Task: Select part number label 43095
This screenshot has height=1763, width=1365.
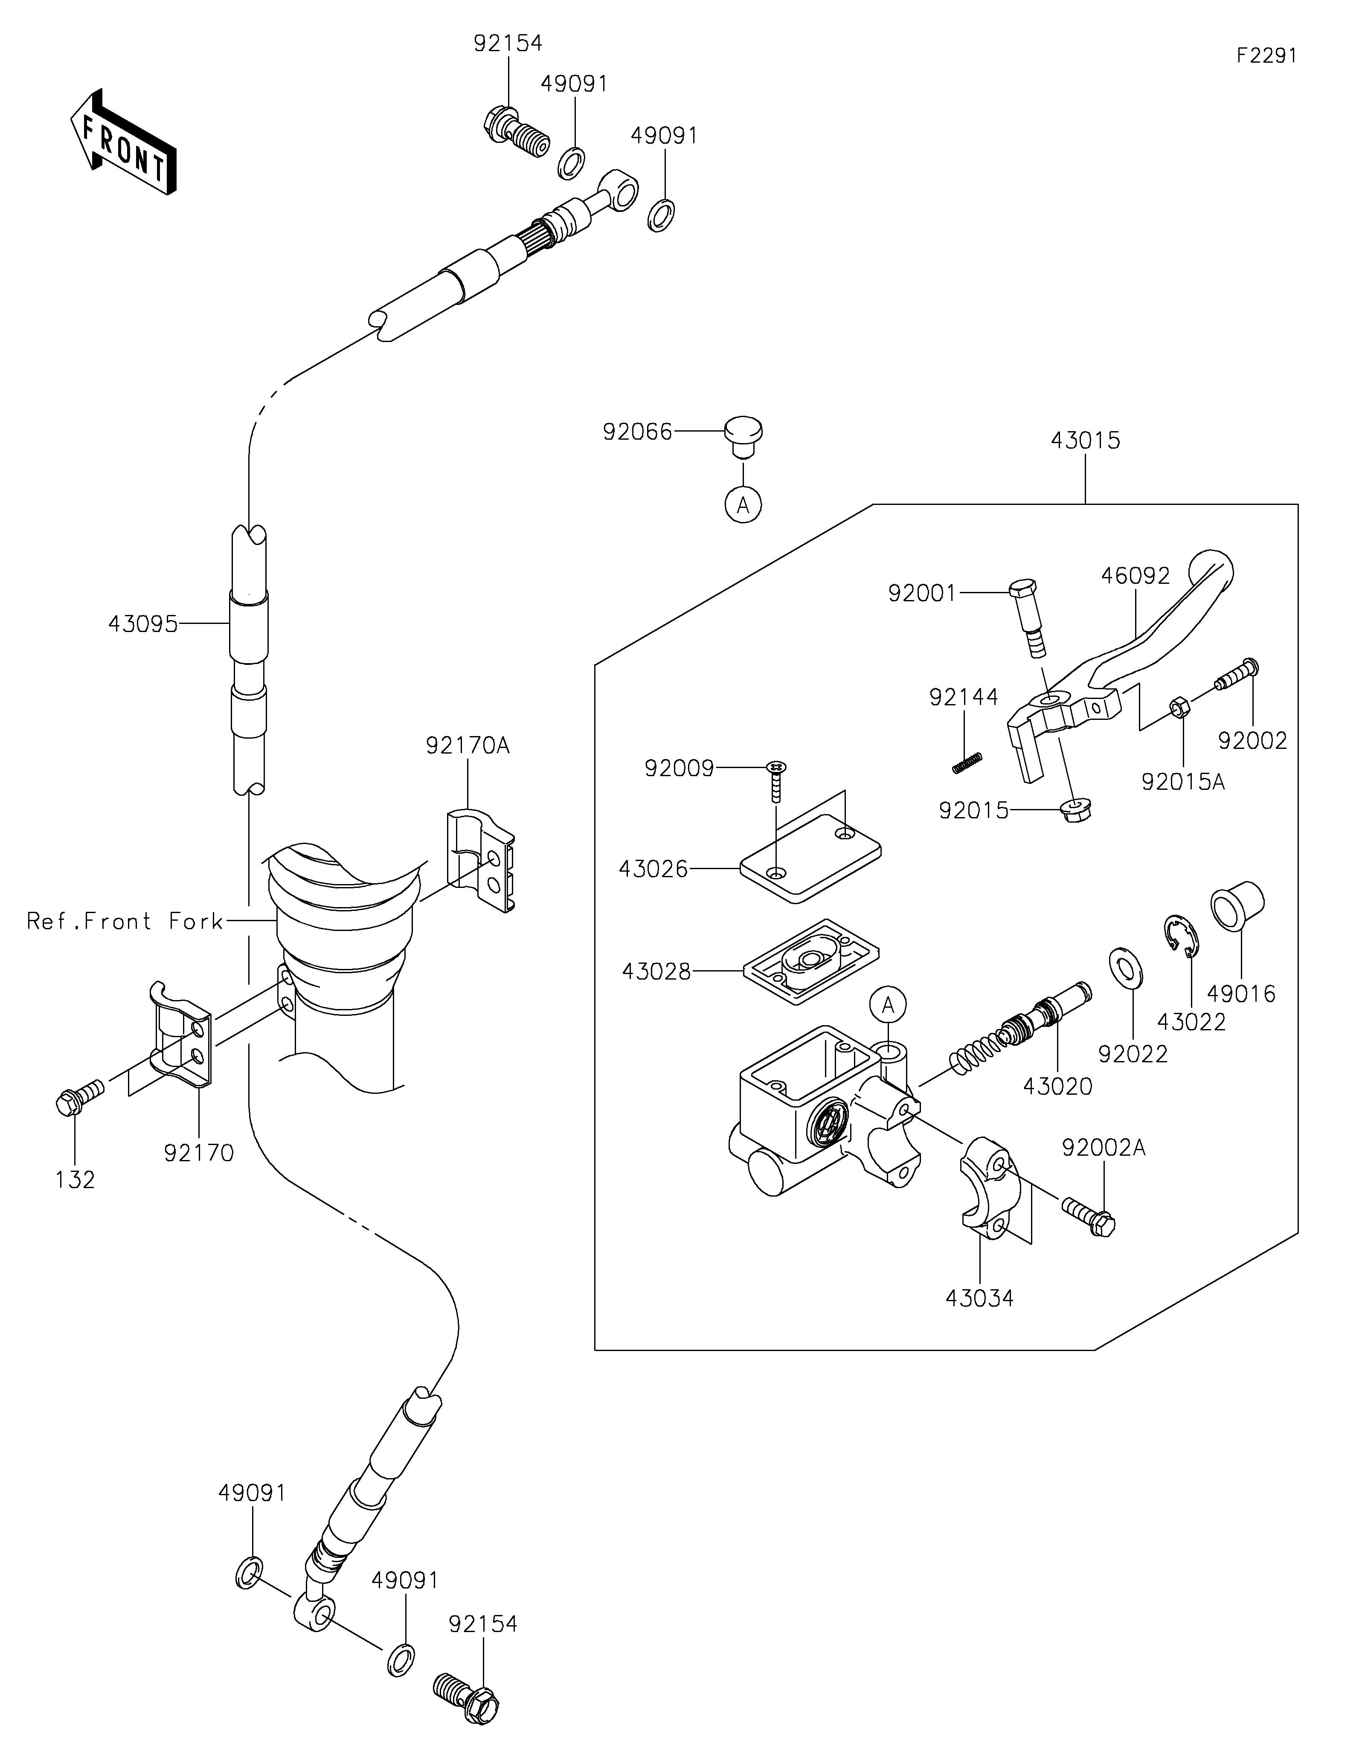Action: [143, 624]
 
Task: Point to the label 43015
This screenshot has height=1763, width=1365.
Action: [1086, 441]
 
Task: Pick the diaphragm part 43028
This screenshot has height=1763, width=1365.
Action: [810, 961]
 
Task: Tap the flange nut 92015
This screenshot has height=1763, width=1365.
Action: [1074, 810]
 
